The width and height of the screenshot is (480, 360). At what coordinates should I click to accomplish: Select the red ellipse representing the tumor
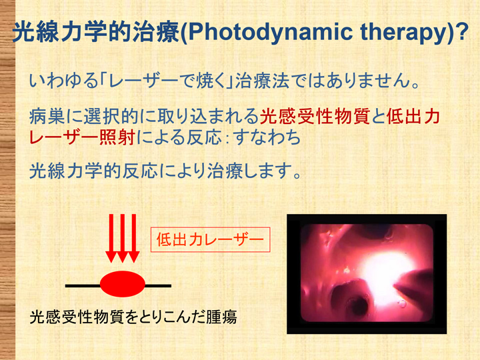click(x=123, y=284)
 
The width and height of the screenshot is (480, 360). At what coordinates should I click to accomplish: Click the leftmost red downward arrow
click(x=111, y=238)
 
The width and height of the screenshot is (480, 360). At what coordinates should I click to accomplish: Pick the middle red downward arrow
click(x=123, y=238)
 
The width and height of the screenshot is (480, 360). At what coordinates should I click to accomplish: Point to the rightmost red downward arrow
click(x=134, y=238)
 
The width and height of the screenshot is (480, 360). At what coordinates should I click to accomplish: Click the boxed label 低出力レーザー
click(x=210, y=239)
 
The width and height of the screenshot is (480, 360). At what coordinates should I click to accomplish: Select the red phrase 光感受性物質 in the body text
click(x=315, y=117)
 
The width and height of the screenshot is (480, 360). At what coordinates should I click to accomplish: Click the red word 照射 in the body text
click(x=117, y=137)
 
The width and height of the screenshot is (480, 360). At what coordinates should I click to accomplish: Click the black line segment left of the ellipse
click(x=83, y=286)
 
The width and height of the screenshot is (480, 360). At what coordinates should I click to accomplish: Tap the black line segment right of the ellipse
click(x=158, y=286)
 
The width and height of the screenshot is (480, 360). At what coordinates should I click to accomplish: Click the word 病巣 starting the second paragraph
click(x=47, y=117)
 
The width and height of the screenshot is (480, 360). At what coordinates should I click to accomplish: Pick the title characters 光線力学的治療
click(x=96, y=32)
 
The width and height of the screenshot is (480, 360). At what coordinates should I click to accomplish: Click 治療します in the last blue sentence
click(x=250, y=170)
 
